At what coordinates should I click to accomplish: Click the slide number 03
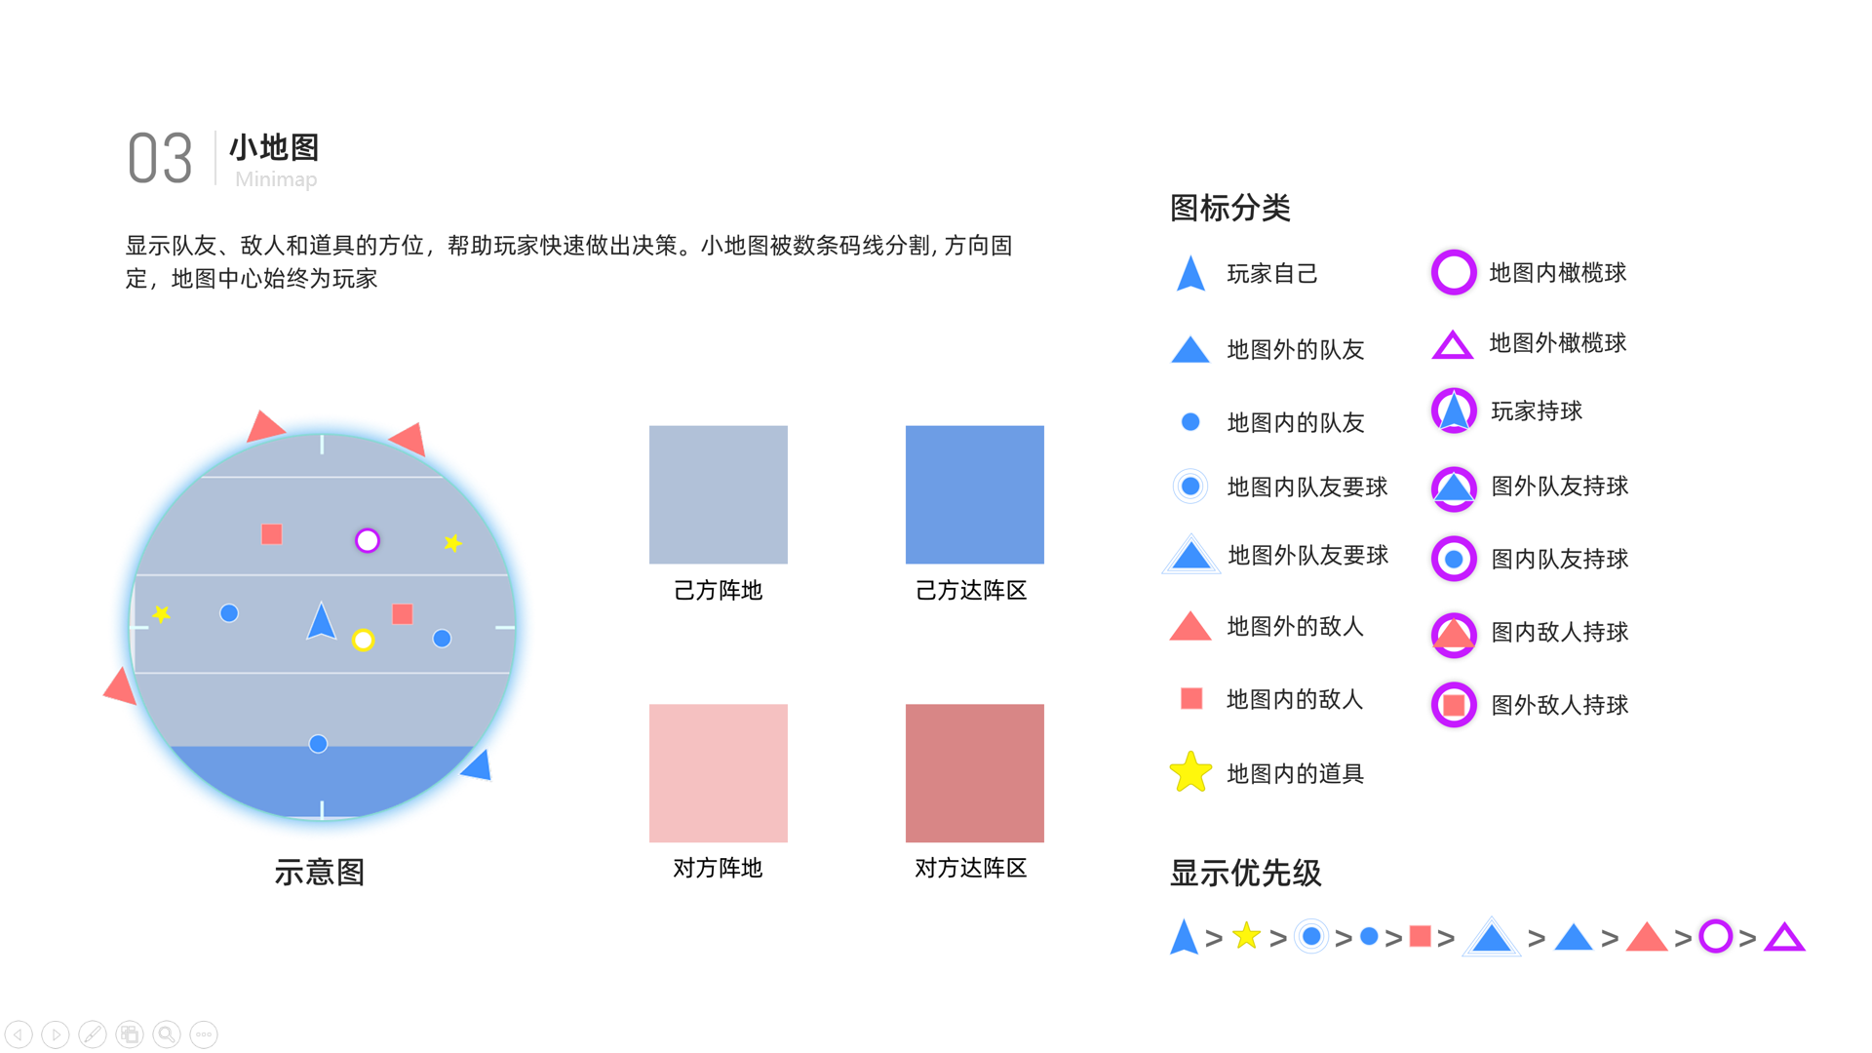point(160,159)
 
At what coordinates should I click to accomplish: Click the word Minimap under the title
point(276,179)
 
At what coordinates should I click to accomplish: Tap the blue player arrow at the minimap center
point(321,622)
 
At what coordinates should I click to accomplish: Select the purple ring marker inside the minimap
point(368,540)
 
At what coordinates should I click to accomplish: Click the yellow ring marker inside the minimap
point(363,640)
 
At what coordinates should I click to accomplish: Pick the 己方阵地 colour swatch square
point(718,494)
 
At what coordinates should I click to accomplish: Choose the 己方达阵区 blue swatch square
point(974,494)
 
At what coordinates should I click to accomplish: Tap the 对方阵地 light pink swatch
point(718,773)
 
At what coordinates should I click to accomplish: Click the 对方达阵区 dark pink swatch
point(974,773)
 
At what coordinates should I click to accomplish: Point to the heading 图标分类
point(1229,208)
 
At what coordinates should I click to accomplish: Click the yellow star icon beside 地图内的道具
point(1190,772)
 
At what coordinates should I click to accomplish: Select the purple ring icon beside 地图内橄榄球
point(1453,272)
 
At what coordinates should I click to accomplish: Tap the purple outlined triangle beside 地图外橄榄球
point(1452,345)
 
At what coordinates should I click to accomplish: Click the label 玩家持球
point(1536,411)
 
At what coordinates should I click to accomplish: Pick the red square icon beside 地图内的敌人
point(1190,698)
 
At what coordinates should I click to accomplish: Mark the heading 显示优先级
point(1245,873)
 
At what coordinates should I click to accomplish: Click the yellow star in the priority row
point(1246,936)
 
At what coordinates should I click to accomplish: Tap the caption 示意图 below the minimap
point(320,872)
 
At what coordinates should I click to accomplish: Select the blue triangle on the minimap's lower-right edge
point(478,765)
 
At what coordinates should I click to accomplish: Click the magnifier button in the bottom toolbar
point(167,1033)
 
